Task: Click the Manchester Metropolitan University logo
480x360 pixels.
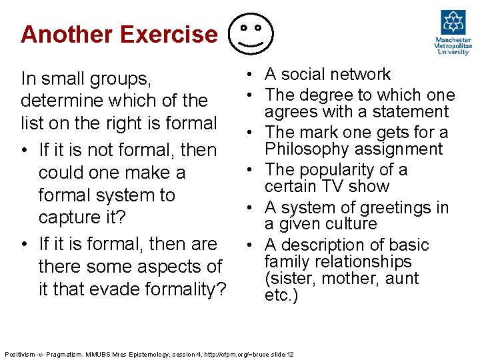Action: (x=453, y=33)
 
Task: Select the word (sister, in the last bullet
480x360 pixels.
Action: (x=287, y=279)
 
